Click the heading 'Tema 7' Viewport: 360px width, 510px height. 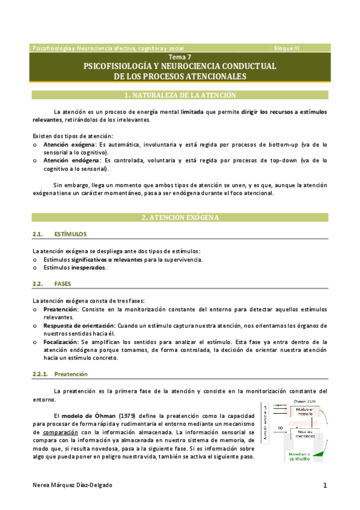pyautogui.click(x=180, y=57)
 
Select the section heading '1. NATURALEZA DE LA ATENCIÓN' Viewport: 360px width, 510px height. pyautogui.click(x=180, y=95)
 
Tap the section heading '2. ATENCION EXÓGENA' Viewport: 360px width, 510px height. pyautogui.click(x=180, y=217)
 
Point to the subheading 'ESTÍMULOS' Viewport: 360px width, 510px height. pyautogui.click(x=70, y=234)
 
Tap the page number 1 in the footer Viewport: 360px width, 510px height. pyautogui.click(x=324, y=485)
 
